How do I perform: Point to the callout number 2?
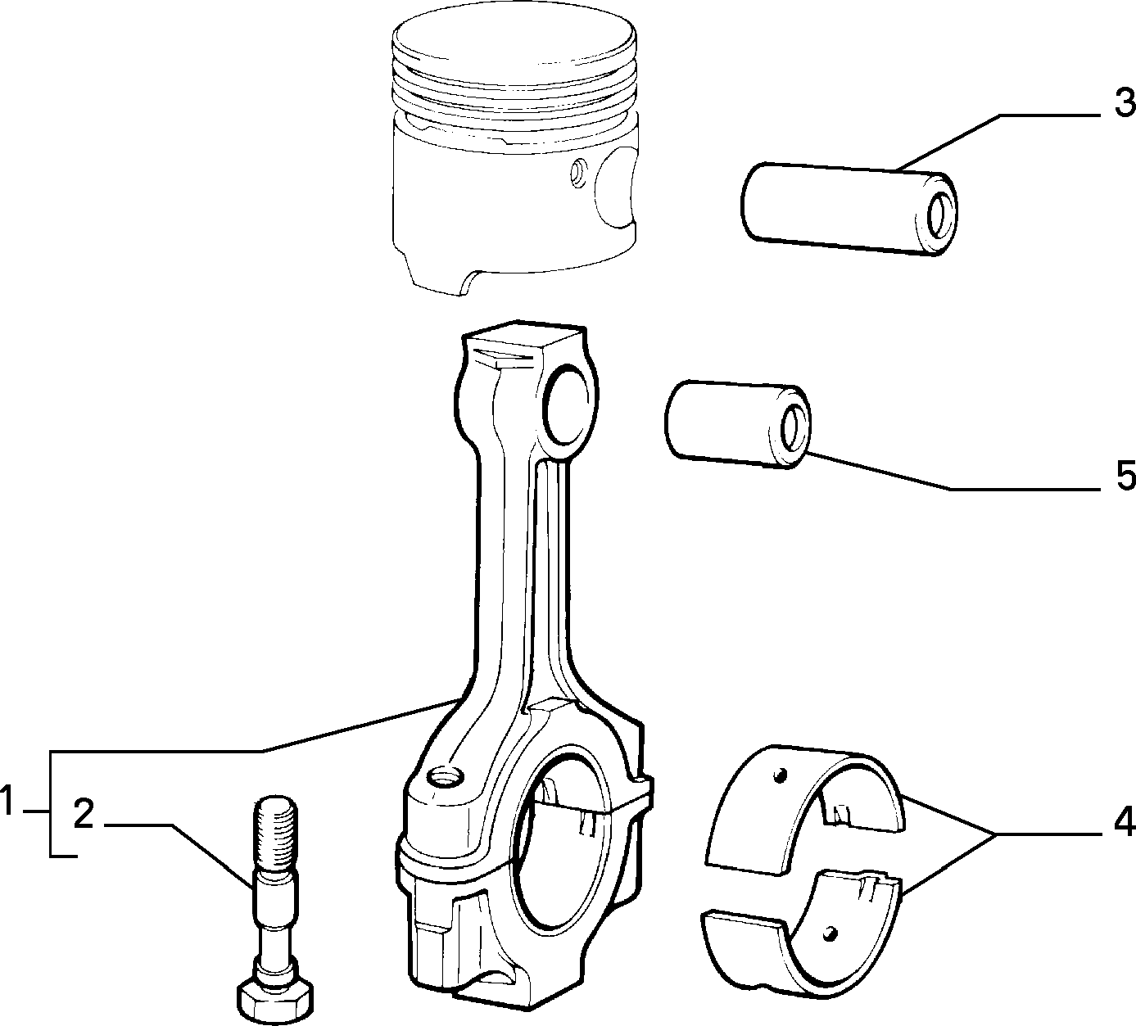pos(84,815)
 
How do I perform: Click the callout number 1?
pos(8,800)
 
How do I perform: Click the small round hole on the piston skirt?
pos(578,173)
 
